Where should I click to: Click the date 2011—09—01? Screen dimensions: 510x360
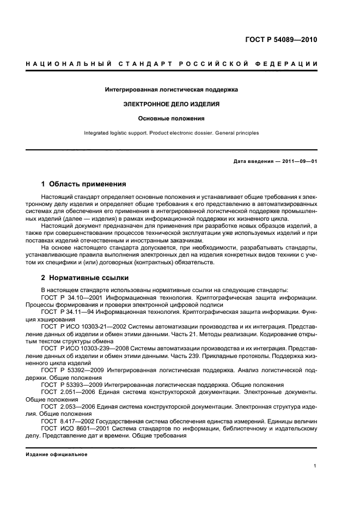pos(298,162)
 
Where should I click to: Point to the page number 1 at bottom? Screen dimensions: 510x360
pos(315,466)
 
